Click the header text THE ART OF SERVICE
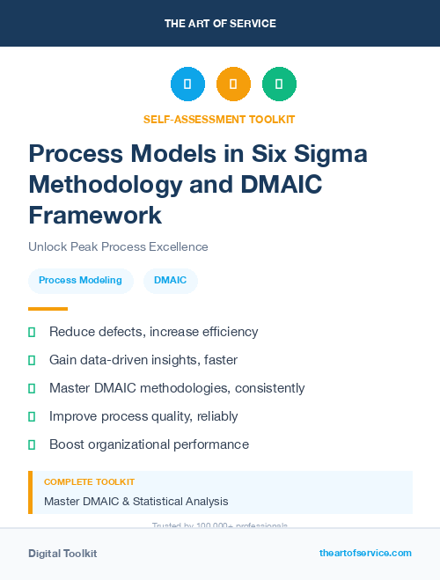(x=220, y=23)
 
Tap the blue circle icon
(x=187, y=84)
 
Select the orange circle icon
(x=233, y=84)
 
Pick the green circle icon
(x=279, y=84)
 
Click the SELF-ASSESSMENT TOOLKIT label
(x=219, y=119)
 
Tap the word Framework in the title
(x=95, y=214)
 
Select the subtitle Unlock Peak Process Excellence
(x=118, y=246)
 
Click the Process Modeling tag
(x=80, y=281)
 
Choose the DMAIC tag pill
(x=171, y=281)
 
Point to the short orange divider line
(x=48, y=309)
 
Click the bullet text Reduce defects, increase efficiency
(x=153, y=332)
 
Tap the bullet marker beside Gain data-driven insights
(x=32, y=360)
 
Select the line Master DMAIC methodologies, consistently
(x=177, y=388)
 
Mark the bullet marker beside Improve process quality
(x=32, y=416)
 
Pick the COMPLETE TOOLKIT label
(x=89, y=482)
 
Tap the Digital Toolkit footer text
(x=62, y=554)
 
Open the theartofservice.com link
(x=365, y=553)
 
